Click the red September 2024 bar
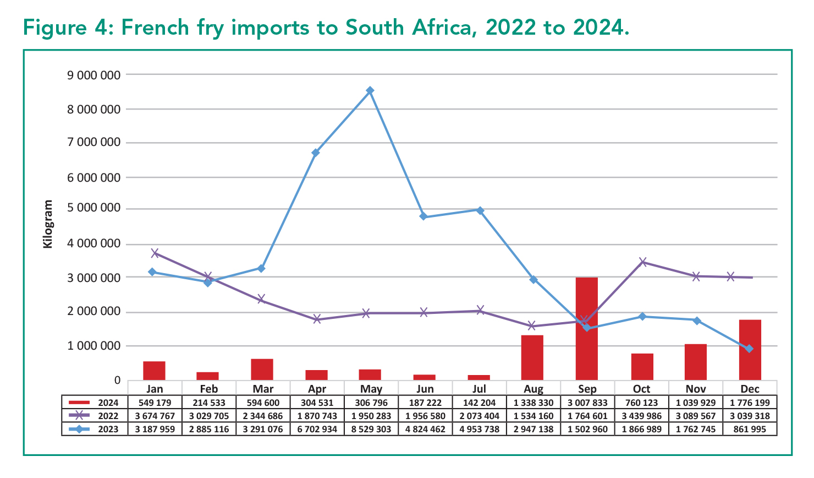point(586,328)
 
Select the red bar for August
point(532,357)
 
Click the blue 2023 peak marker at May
point(370,90)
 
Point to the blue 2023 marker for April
point(316,153)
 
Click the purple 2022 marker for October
point(642,262)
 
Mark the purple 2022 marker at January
point(155,253)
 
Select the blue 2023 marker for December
point(749,349)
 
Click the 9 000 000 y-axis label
point(94,75)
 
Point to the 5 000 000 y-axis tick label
point(94,209)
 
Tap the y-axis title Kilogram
point(48,224)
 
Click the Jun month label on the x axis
point(425,389)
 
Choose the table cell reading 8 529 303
point(371,429)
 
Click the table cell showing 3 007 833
point(587,403)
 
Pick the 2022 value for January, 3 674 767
point(155,416)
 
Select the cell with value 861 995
point(750,429)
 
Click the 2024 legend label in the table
point(108,403)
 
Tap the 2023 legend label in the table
point(108,429)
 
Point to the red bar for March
point(262,369)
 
